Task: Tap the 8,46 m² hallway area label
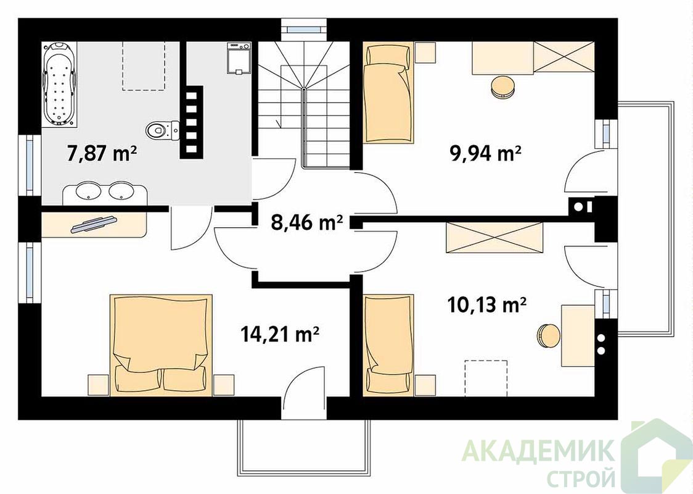click(x=306, y=224)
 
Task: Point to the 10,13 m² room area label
click(x=487, y=304)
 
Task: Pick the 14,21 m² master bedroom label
click(x=281, y=334)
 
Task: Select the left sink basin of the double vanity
click(x=88, y=191)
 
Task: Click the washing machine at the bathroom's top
click(x=239, y=58)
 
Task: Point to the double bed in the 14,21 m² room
click(x=161, y=343)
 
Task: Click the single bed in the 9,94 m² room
click(x=388, y=93)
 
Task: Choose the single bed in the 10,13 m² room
click(x=388, y=345)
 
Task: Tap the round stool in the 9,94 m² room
click(x=502, y=86)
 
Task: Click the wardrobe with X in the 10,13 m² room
click(x=494, y=238)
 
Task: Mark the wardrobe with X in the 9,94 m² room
click(x=564, y=57)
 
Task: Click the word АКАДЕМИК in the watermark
click(x=538, y=451)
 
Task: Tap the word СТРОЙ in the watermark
click(x=581, y=478)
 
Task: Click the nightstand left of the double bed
click(x=98, y=385)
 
